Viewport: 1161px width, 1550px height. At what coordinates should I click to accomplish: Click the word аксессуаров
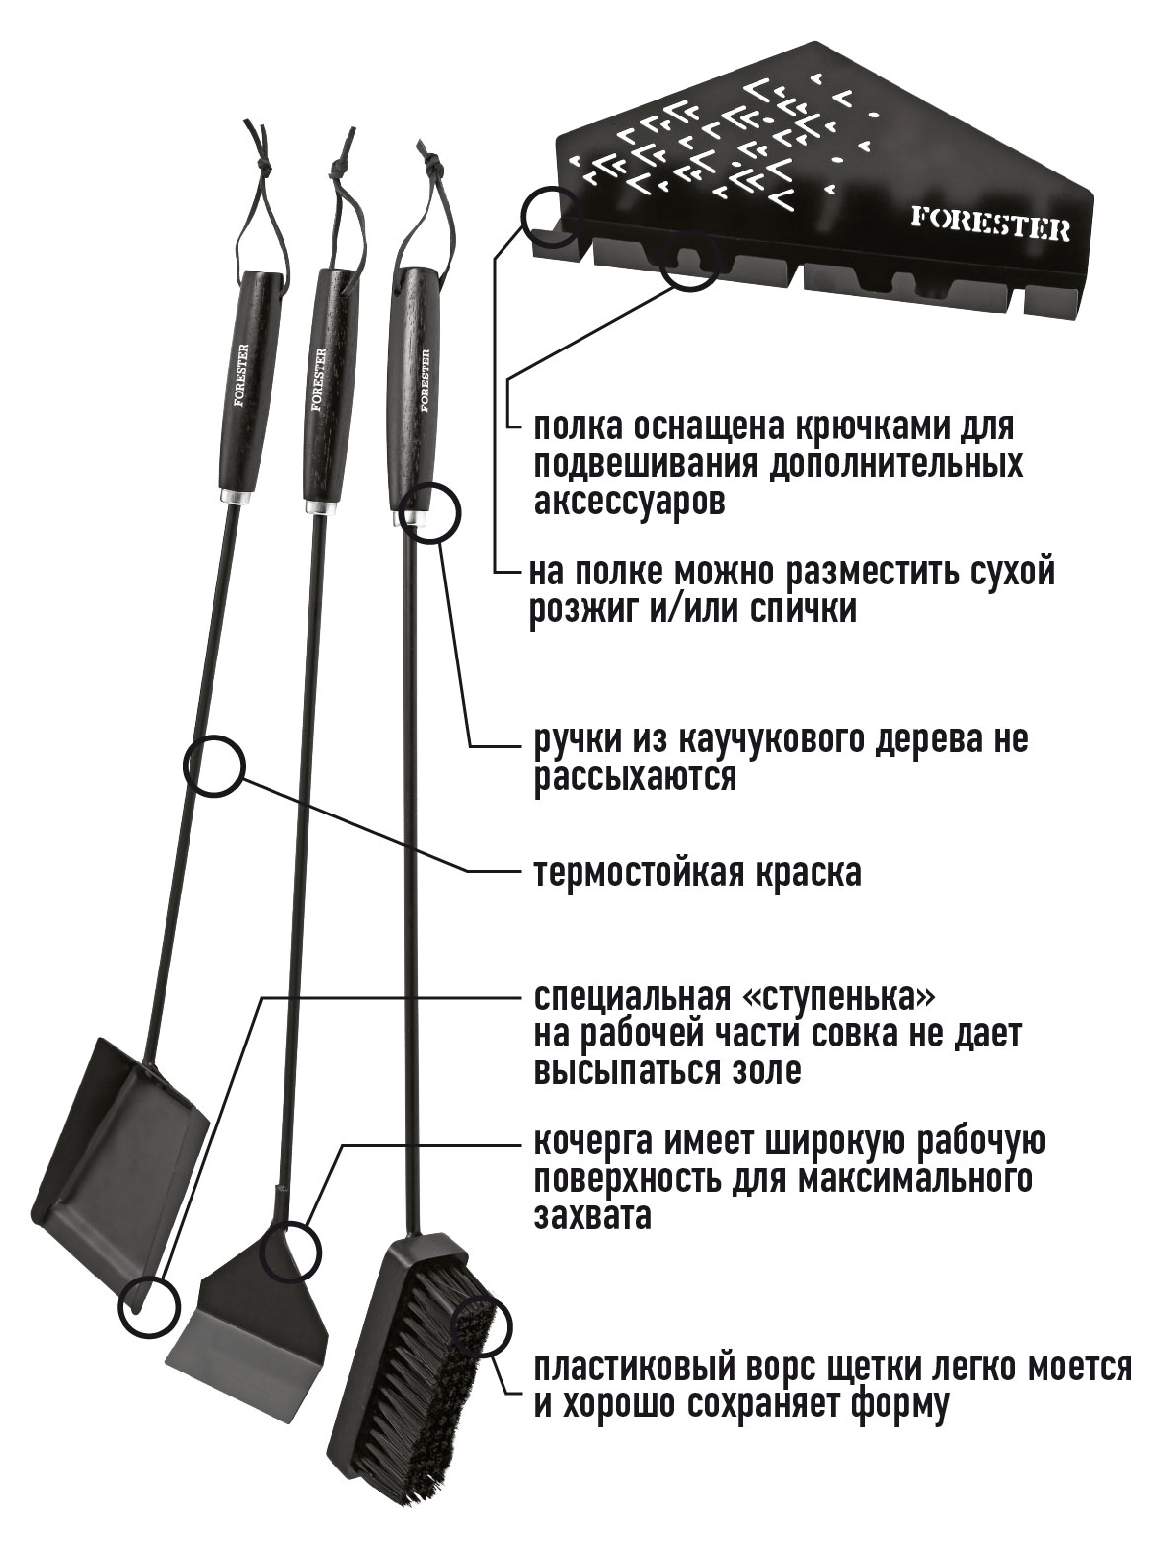[629, 503]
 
